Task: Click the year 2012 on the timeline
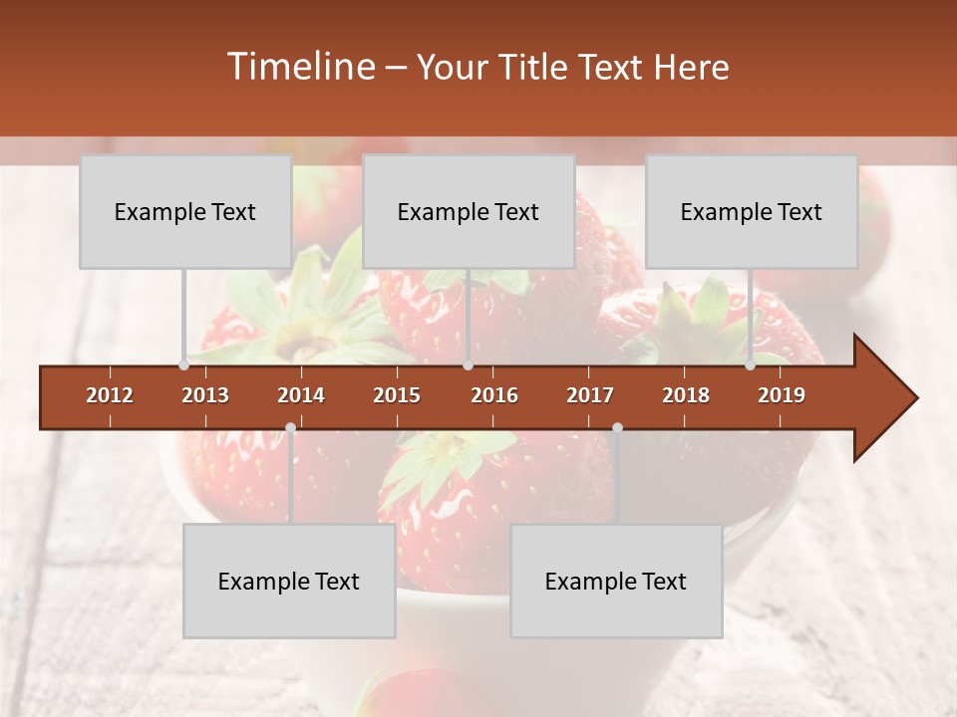pyautogui.click(x=110, y=395)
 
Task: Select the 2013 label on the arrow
pyautogui.click(x=205, y=395)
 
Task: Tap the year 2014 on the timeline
pyautogui.click(x=301, y=395)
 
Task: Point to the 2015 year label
pyautogui.click(x=397, y=395)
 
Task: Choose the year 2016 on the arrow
pyautogui.click(x=494, y=395)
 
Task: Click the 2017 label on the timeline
pyautogui.click(x=590, y=395)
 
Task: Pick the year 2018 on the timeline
pyautogui.click(x=686, y=395)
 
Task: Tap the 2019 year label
pyautogui.click(x=782, y=395)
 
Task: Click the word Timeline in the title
pyautogui.click(x=299, y=67)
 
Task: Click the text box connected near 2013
pyautogui.click(x=185, y=212)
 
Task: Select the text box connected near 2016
pyautogui.click(x=469, y=212)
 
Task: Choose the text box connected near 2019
pyautogui.click(x=752, y=212)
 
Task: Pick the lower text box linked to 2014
pyautogui.click(x=289, y=582)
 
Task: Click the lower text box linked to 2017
pyautogui.click(x=616, y=582)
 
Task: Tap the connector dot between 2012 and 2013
pyautogui.click(x=183, y=365)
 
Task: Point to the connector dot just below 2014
pyautogui.click(x=290, y=427)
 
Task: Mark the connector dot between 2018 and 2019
pyautogui.click(x=750, y=365)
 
